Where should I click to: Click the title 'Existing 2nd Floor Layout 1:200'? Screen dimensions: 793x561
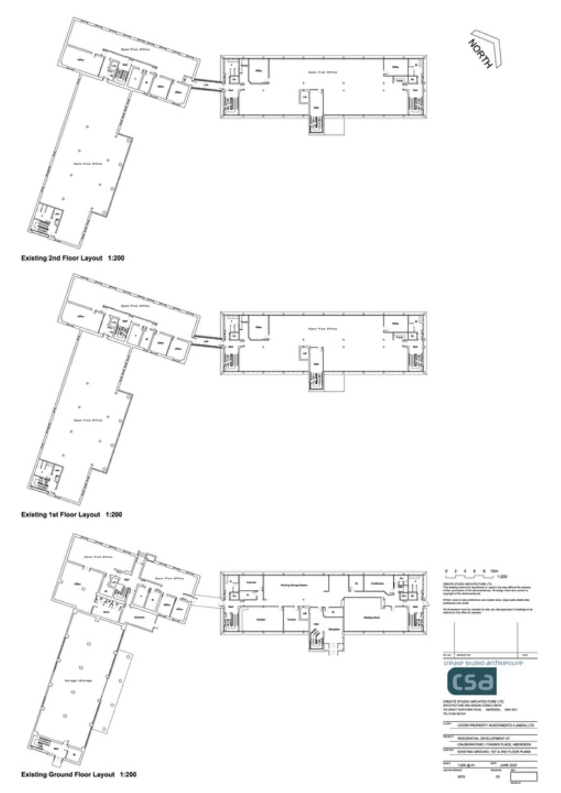coord(72,259)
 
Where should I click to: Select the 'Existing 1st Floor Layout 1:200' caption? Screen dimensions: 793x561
coord(71,515)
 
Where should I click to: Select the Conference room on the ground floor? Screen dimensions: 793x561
coord(378,584)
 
